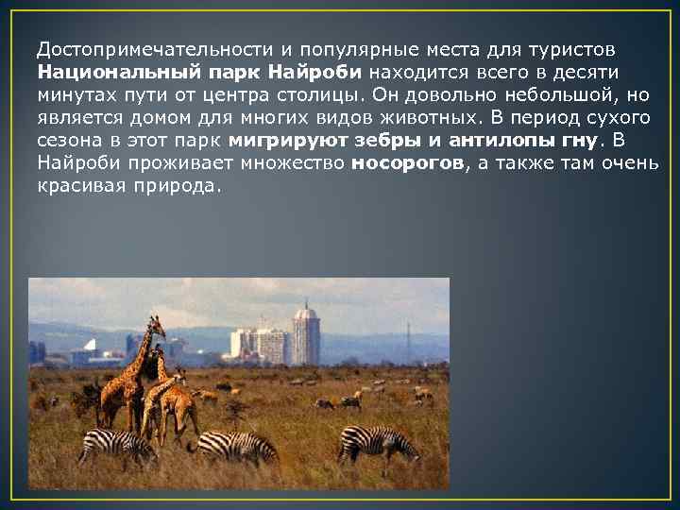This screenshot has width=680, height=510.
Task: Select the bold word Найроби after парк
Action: point(318,72)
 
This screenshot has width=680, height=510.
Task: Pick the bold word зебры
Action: point(385,141)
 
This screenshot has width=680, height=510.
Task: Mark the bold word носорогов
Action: point(407,163)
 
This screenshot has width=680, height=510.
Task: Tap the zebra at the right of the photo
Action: point(378,442)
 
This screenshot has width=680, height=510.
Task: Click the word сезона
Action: point(66,141)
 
